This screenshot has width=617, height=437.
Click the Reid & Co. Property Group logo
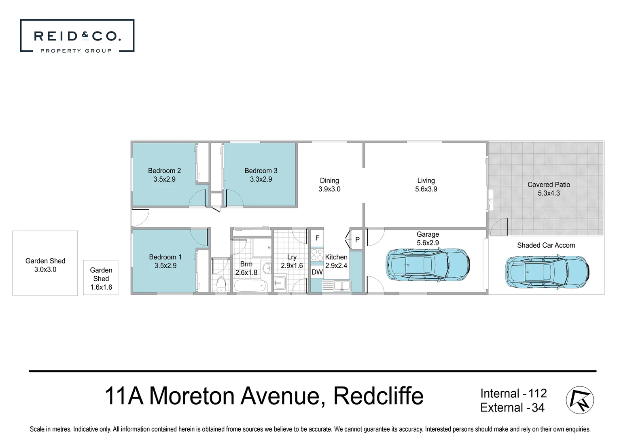pos(77,36)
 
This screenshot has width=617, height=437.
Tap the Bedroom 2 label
pos(164,171)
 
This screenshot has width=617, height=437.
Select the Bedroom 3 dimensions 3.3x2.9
pos(261,179)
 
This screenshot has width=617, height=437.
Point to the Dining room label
pos(329,180)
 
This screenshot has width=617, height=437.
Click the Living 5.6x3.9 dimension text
pos(426,189)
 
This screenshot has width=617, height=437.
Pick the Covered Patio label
pos(549,185)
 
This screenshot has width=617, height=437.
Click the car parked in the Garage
pos(428,265)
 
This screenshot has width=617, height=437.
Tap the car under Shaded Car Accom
pos(547,271)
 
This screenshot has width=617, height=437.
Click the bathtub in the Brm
pos(251,285)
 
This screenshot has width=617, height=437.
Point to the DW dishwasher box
pos(317,272)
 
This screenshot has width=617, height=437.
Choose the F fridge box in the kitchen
pos(317,238)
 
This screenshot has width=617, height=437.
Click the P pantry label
pos(357,240)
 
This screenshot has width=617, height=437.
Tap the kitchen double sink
pos(337,286)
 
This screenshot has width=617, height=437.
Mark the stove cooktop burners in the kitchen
pos(317,255)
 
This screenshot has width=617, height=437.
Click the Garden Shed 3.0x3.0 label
pos(45,265)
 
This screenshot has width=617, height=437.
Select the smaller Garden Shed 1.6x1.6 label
pos(101,278)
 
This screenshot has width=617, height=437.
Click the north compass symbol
pos(579,400)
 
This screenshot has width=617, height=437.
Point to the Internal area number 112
pos(537,393)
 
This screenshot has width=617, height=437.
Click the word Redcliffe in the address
pos(378,396)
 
